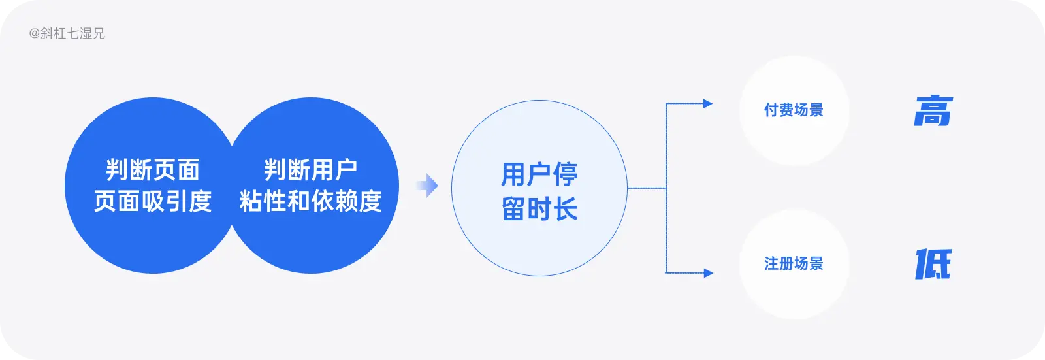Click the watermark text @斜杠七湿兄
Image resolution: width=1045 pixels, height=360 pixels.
pos(67,33)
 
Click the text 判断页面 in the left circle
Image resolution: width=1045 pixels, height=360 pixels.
pos(153,170)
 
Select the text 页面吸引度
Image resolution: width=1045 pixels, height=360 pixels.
pos(153,201)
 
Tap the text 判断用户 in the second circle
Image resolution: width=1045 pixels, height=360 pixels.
pos(311,170)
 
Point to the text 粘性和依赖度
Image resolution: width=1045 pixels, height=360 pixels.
pos(311,201)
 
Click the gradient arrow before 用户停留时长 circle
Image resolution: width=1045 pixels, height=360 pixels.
pos(427,186)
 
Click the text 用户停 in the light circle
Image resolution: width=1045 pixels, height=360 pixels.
pos(539,174)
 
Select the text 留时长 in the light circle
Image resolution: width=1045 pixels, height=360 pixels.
pos(539,210)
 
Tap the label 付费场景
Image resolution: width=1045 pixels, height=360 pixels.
pos(794,110)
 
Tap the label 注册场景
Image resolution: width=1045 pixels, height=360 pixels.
pos(794,263)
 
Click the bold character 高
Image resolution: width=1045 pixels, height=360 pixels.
pos(933,111)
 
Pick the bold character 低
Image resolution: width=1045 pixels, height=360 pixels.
pos(933,264)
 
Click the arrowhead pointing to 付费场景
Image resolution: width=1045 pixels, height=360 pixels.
pos(707,103)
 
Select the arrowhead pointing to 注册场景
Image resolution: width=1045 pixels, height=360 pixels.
pos(708,273)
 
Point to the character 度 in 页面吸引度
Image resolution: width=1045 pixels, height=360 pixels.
pos(201,201)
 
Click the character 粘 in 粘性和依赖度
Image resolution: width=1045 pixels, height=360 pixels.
pos(251,201)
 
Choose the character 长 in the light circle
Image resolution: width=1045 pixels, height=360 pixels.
pos(566,210)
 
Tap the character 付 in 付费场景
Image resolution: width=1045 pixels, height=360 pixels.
pos(771,110)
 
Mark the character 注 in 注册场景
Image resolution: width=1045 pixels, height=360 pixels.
pos(771,263)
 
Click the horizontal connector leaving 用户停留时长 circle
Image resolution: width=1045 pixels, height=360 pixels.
pos(647,188)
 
